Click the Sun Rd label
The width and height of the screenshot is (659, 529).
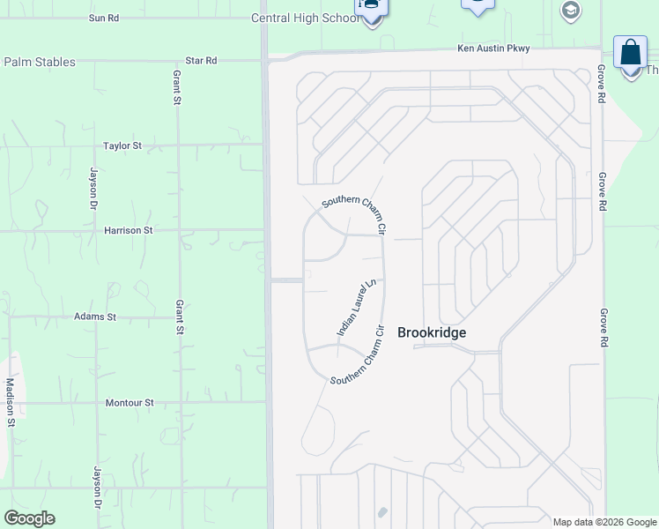104,18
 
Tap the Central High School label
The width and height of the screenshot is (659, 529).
305,18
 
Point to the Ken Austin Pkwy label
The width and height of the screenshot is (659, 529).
493,48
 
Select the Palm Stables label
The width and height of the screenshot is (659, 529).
40,62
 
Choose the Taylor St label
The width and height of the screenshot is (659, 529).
122,145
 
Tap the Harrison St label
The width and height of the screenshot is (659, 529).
129,230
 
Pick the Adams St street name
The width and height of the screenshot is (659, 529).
95,317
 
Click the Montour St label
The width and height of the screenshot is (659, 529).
130,403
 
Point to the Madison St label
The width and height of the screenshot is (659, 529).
11,402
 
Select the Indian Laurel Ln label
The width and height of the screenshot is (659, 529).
357,307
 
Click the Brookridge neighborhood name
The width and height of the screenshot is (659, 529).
432,332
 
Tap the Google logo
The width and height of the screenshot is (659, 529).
29,518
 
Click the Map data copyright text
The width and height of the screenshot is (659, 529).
604,522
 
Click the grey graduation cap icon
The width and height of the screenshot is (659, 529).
570,10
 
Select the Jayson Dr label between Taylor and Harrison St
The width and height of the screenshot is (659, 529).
93,188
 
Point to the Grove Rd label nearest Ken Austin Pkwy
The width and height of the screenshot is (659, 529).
602,84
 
